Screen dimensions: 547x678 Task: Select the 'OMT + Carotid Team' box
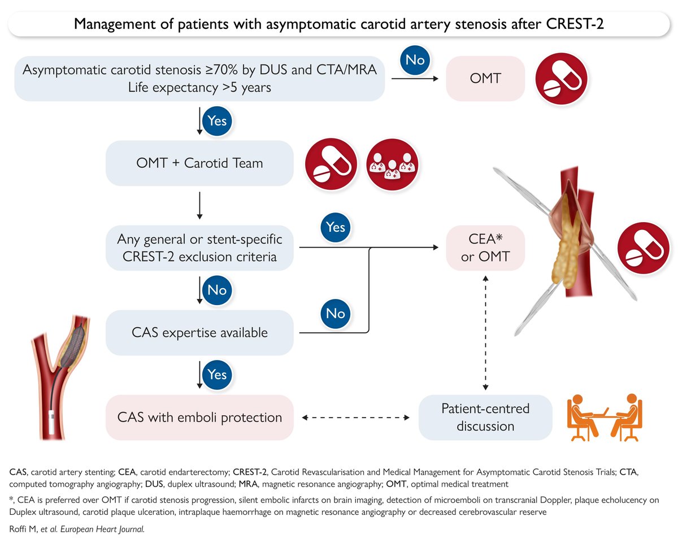coord(199,163)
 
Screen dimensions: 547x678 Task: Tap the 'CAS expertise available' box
coord(199,332)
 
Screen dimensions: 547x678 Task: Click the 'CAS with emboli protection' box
coord(199,418)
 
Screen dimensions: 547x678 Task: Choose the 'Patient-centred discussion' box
coord(485,418)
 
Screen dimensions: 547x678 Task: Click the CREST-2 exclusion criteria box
coord(199,248)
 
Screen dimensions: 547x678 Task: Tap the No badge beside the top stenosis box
coord(415,60)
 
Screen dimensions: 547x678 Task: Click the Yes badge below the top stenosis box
coord(217,121)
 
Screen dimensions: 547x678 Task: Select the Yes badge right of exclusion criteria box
coord(336,227)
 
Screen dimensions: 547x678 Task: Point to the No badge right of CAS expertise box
coord(336,312)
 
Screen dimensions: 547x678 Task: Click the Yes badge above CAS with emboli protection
coord(217,375)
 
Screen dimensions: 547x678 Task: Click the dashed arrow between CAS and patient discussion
coord(356,418)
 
